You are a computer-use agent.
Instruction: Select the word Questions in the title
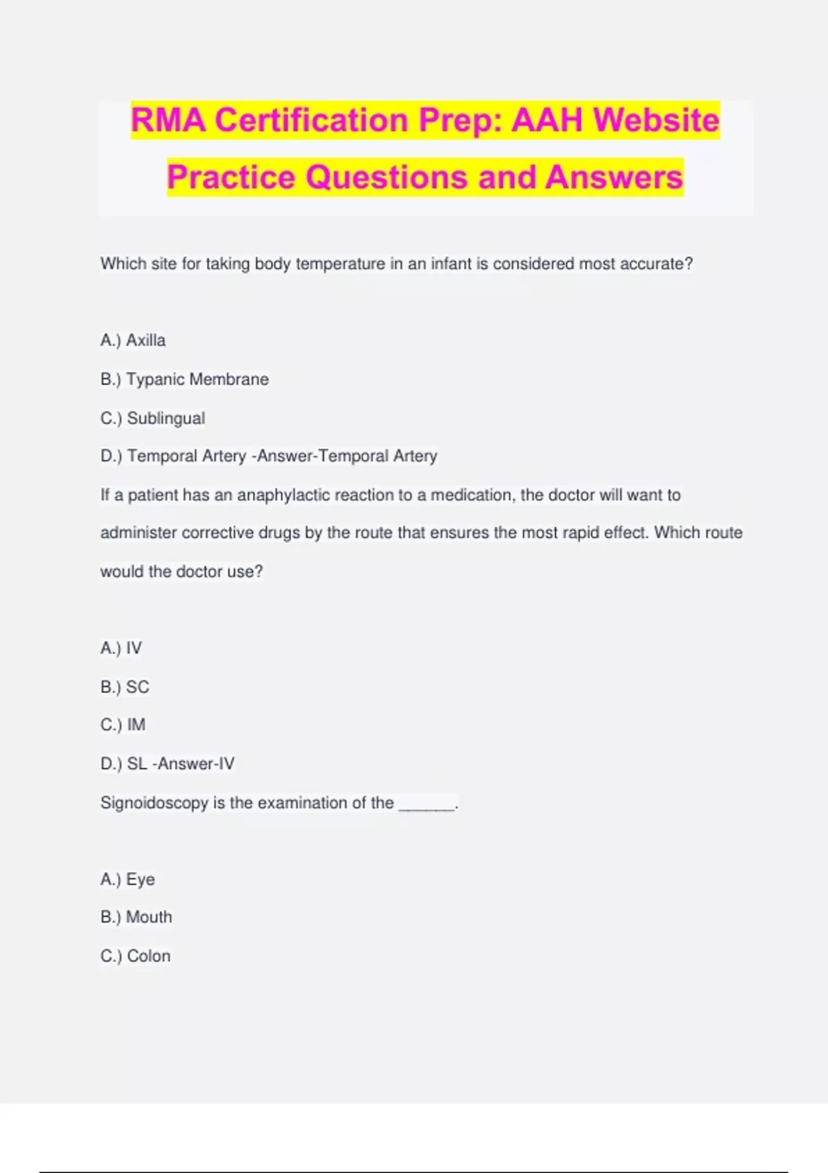386,177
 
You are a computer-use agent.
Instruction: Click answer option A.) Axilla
133,340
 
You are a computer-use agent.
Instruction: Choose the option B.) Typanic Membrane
184,379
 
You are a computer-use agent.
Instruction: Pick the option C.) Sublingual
152,418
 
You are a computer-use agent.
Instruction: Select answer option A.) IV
121,648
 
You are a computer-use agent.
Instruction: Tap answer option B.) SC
125,687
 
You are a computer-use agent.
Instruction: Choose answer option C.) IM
123,724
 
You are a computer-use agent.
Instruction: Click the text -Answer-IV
194,764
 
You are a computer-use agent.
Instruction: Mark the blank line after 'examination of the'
427,805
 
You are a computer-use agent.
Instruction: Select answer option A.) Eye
128,879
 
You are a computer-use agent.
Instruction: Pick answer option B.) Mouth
136,917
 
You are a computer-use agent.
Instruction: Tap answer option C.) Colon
135,956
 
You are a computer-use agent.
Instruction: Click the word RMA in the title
168,120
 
